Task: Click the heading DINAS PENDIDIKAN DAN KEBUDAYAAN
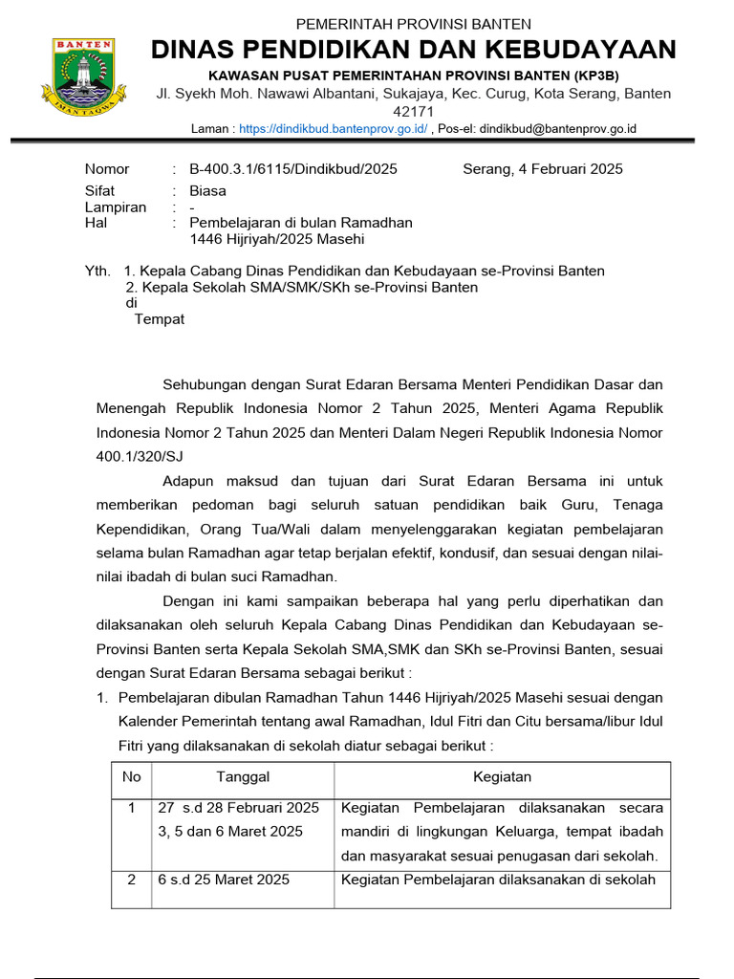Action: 414,50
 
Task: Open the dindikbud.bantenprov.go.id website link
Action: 333,128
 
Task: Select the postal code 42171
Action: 414,111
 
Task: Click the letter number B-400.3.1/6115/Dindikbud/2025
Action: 292,169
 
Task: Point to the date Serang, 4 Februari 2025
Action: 542,169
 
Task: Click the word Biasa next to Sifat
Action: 207,191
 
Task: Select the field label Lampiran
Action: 116,207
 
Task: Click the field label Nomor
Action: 107,169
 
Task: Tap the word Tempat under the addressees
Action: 159,319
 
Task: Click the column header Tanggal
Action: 243,777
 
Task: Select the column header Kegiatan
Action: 502,777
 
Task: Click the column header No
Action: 132,777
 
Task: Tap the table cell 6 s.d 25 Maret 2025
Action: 224,880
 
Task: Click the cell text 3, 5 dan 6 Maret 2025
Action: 230,832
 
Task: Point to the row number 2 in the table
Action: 132,880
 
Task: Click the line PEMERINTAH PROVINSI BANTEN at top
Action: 414,24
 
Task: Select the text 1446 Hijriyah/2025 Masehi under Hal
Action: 277,239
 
